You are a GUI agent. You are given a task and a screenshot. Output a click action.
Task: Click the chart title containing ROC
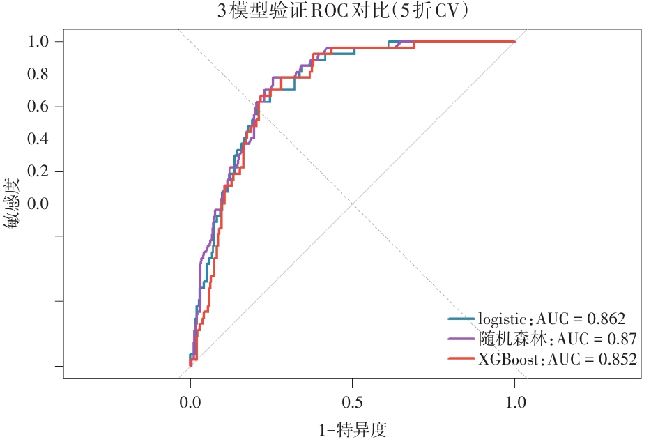pyautogui.click(x=343, y=10)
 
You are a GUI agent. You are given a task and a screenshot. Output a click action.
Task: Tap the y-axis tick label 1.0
pyautogui.click(x=38, y=42)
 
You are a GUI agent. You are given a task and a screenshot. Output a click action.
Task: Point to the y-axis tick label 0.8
pyautogui.click(x=38, y=74)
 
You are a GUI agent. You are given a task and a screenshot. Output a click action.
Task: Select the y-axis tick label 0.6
pyautogui.click(x=38, y=107)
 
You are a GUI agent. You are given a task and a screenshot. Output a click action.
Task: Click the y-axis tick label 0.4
pyautogui.click(x=38, y=139)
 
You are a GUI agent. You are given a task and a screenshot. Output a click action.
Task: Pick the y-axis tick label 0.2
pyautogui.click(x=38, y=171)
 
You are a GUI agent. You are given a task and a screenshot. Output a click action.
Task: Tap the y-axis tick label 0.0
pyautogui.click(x=38, y=204)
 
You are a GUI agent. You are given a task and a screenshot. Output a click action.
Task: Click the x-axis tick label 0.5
pyautogui.click(x=353, y=402)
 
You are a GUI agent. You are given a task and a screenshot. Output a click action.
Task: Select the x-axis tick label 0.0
pyautogui.click(x=190, y=402)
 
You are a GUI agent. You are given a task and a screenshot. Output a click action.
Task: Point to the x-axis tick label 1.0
pyautogui.click(x=515, y=402)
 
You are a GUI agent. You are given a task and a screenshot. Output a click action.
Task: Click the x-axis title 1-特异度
pyautogui.click(x=353, y=430)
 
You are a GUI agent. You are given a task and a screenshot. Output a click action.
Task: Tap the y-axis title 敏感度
pyautogui.click(x=12, y=204)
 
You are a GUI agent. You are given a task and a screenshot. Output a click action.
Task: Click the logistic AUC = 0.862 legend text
pyautogui.click(x=552, y=319)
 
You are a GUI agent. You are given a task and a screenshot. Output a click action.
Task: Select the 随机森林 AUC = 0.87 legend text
pyautogui.click(x=557, y=339)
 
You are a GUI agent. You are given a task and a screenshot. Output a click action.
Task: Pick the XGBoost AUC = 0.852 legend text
pyautogui.click(x=558, y=359)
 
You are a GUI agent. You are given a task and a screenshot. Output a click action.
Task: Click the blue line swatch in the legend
pyautogui.click(x=461, y=319)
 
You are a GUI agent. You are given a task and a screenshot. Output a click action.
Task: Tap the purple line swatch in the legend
pyautogui.click(x=461, y=339)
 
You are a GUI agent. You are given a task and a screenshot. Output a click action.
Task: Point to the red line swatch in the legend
pyautogui.click(x=461, y=358)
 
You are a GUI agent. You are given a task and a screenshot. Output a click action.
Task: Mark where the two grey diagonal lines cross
pyautogui.click(x=353, y=204)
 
